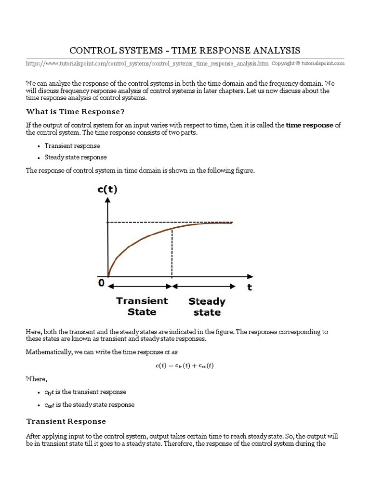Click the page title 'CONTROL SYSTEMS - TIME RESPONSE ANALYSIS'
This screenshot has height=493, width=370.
click(185, 51)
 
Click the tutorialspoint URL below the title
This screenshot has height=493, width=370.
click(147, 63)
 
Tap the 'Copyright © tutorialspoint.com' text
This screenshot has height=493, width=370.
click(308, 63)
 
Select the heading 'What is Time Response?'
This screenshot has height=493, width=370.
click(75, 112)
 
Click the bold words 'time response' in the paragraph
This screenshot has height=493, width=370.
click(309, 125)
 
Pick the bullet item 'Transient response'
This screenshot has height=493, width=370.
click(72, 146)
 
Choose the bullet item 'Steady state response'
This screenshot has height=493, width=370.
click(76, 157)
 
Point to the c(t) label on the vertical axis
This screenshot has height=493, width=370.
click(107, 189)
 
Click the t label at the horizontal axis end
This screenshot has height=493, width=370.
click(250, 287)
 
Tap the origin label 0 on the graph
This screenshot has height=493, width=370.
click(101, 284)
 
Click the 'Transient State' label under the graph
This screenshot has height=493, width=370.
click(142, 306)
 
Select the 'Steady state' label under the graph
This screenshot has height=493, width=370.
click(207, 307)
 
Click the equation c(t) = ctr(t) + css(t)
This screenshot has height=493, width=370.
click(185, 365)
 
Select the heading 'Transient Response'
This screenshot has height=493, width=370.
click(66, 421)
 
